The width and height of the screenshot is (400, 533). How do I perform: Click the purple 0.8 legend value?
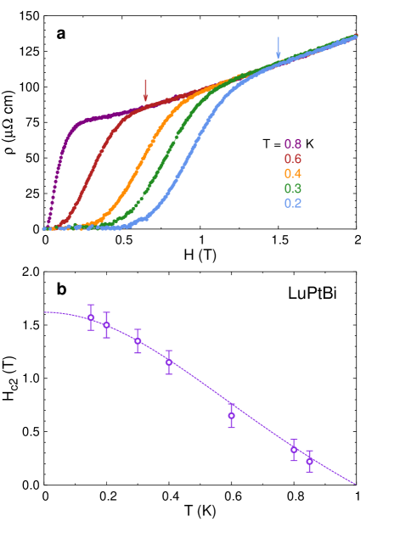tap(293, 143)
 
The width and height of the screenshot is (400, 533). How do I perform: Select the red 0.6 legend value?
tap(293, 159)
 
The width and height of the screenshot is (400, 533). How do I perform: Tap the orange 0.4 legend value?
tap(293, 174)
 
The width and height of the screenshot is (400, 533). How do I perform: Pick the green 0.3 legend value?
tap(293, 188)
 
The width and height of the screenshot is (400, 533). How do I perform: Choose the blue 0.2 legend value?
tap(293, 204)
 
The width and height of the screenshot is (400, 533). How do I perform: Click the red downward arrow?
tap(145, 90)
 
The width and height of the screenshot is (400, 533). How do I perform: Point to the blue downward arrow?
tap(278, 47)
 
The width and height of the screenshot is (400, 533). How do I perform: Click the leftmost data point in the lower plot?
tap(91, 317)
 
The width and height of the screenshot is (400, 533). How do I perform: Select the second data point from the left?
tap(106, 325)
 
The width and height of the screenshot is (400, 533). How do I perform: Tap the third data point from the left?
tap(138, 341)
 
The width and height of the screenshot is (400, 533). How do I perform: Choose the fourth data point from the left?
tap(169, 362)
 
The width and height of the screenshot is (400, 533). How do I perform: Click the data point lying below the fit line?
tap(231, 416)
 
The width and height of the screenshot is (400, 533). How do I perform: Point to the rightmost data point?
tap(309, 461)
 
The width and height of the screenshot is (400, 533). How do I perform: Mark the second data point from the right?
tap(294, 449)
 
